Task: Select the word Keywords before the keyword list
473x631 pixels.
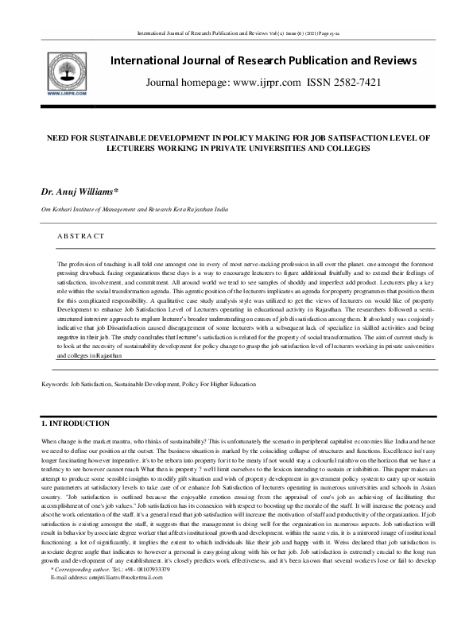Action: click(55, 384)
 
